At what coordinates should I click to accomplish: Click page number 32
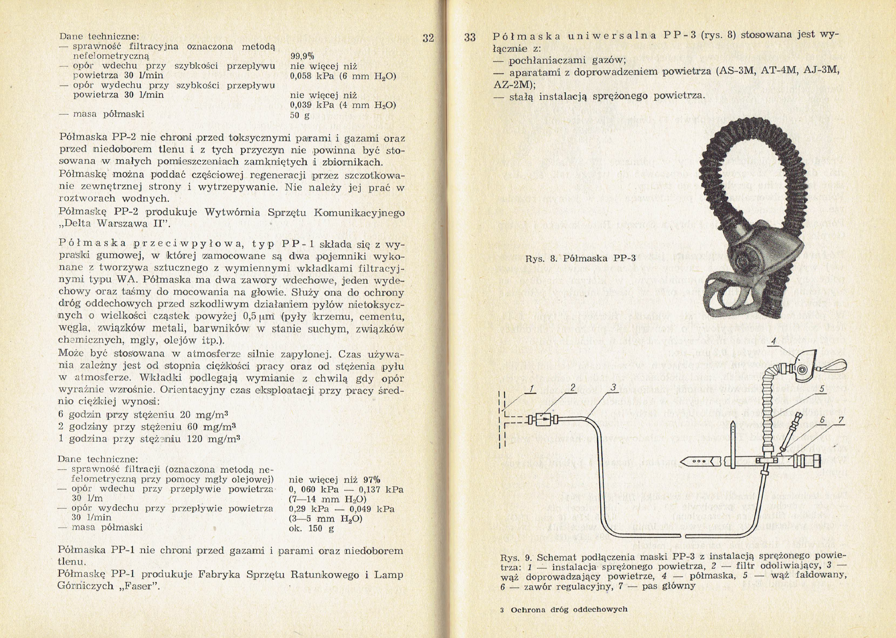coord(428,38)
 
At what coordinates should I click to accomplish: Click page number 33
coord(470,37)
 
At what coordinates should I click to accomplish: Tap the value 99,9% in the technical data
coord(302,56)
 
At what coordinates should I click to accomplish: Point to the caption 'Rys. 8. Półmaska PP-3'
coord(580,258)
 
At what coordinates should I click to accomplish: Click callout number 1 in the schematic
coord(531,389)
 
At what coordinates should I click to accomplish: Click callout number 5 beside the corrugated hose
coord(821,389)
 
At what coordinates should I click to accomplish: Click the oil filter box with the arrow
coord(543,419)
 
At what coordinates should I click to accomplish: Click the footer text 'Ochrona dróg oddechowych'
coord(569,610)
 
